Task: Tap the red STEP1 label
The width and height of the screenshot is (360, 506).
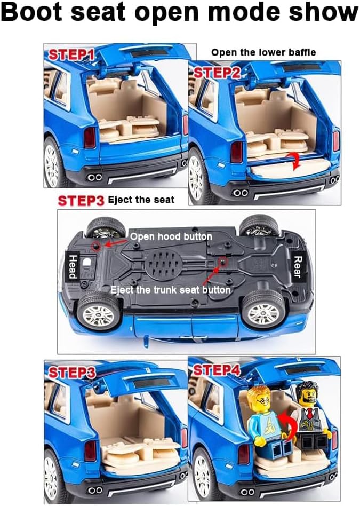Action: pyautogui.click(x=72, y=54)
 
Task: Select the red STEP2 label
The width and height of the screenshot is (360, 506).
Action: pyautogui.click(x=217, y=73)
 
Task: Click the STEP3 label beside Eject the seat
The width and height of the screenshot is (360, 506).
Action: pyautogui.click(x=81, y=201)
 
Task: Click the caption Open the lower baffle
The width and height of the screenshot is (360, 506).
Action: pyautogui.click(x=263, y=52)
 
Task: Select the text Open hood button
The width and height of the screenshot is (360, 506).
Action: pyautogui.click(x=171, y=236)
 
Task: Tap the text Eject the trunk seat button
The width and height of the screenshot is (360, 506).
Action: pyautogui.click(x=170, y=290)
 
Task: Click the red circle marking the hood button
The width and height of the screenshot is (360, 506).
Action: pyautogui.click(x=97, y=246)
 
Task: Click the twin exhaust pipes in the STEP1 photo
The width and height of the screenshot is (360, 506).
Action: pyautogui.click(x=94, y=177)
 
